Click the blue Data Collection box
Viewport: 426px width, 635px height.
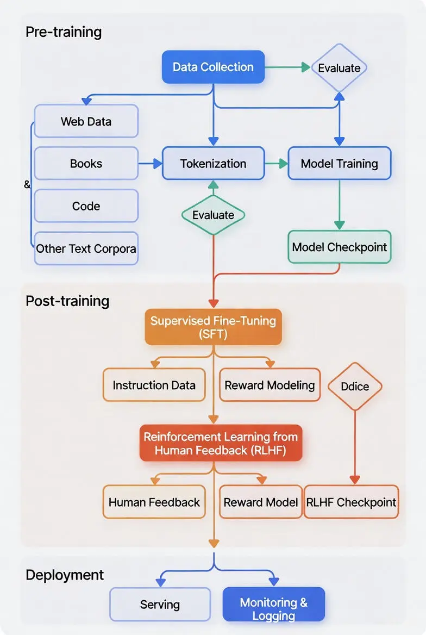213,67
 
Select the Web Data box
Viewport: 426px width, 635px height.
86,121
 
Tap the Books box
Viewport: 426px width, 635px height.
86,164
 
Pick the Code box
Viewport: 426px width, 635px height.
86,206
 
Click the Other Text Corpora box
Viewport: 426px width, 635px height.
86,249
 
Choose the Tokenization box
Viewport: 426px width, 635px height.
213,164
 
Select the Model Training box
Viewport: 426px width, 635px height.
339,164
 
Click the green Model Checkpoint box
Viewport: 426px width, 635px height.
339,247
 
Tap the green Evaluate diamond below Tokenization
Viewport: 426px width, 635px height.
213,215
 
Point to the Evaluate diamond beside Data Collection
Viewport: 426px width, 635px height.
339,68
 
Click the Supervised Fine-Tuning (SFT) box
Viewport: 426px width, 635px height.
213,327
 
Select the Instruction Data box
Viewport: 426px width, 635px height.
154,385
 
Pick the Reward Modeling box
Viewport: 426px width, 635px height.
270,385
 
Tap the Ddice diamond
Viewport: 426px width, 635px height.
355,387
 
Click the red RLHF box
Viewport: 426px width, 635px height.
220,443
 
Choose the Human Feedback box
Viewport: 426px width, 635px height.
154,502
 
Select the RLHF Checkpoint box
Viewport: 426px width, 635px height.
351,502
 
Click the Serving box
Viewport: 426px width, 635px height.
160,605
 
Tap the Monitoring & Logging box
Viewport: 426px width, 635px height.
273,605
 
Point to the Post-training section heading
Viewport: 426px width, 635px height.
67,301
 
